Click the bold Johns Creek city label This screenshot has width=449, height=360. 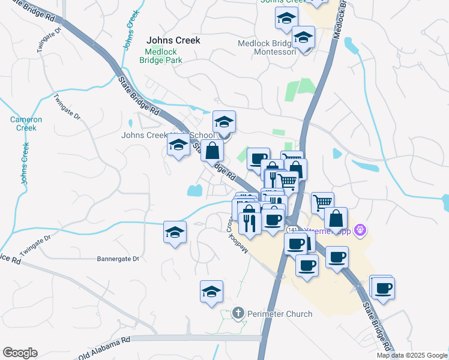pos(173,41)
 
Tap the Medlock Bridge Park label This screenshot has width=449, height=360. pos(160,56)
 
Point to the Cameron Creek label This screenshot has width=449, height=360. pos(26,124)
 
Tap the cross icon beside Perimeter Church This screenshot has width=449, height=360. pos(238,313)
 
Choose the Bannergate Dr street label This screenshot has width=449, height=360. pos(118,259)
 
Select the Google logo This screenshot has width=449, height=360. pos(20,353)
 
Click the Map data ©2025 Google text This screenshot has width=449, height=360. pos(411,355)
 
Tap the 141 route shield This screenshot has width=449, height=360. pos(292,230)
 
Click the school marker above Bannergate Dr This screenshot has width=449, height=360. pos(175,232)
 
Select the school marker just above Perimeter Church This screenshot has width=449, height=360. pos(211,292)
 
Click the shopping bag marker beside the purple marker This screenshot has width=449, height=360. pos(336,218)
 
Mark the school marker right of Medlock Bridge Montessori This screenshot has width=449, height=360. pos(303,38)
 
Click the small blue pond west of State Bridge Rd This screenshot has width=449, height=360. pos(194,191)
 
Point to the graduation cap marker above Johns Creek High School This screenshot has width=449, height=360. pos(224,122)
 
